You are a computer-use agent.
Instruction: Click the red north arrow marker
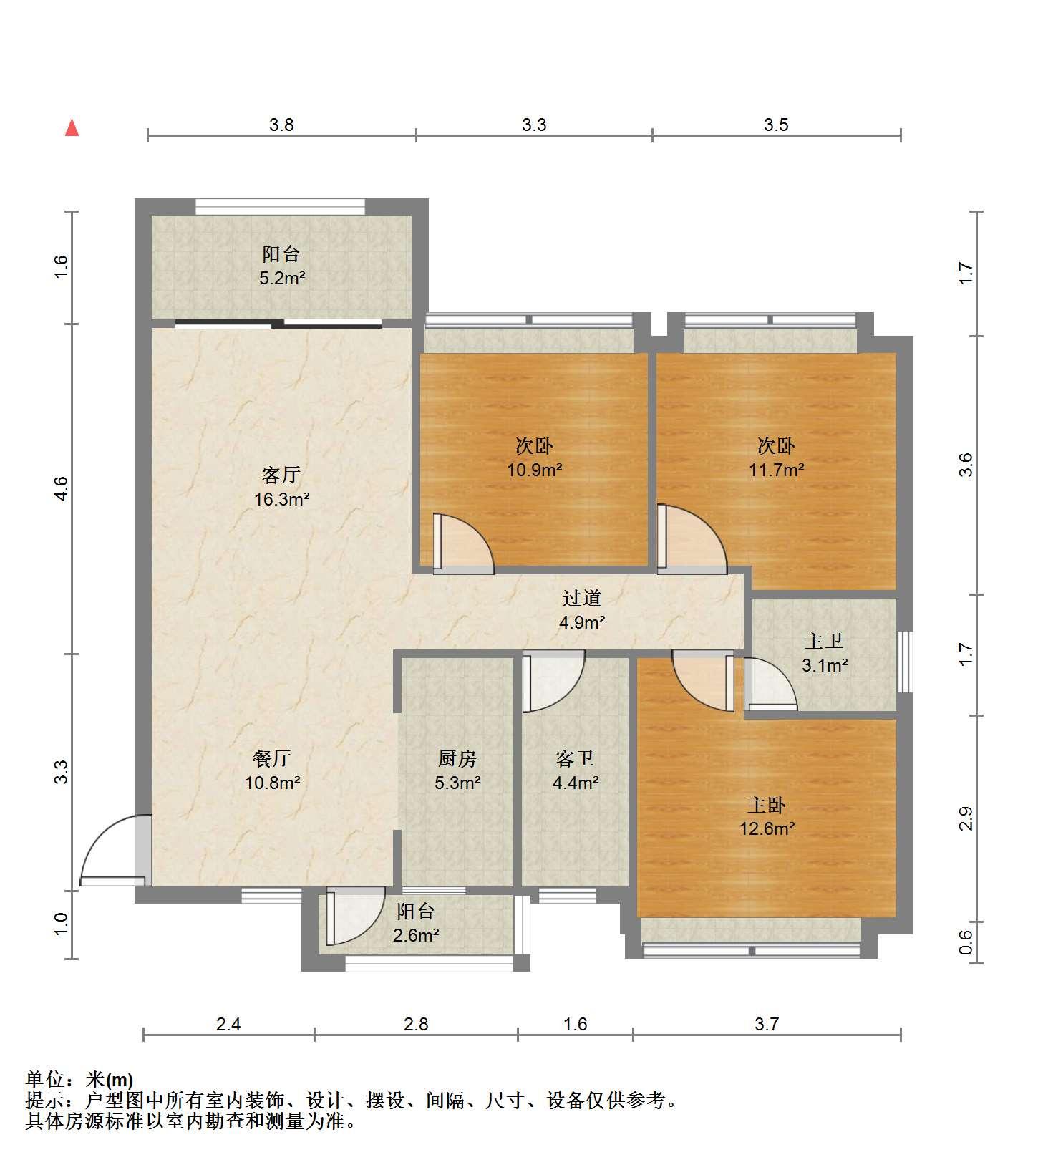point(72,128)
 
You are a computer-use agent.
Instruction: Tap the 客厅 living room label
point(281,475)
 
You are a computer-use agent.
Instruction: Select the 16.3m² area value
point(281,499)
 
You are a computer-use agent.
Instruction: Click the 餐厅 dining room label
point(272,758)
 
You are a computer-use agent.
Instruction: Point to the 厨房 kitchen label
point(457,758)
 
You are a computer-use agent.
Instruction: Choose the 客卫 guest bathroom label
point(575,758)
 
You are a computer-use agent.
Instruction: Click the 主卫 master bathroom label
point(824,641)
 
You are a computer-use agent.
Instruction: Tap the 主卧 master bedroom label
point(767,805)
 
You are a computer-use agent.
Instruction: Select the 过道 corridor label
point(581,598)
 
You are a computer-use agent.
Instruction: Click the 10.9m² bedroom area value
point(535,470)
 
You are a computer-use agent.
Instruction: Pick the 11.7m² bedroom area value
point(777,470)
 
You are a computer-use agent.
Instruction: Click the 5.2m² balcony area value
point(282,278)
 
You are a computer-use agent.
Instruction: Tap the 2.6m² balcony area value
point(416,935)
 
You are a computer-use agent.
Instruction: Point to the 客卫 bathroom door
point(554,681)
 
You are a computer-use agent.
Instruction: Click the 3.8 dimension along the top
point(281,125)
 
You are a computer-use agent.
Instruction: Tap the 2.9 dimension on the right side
point(966,818)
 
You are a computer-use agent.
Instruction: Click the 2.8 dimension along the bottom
point(416,1025)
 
